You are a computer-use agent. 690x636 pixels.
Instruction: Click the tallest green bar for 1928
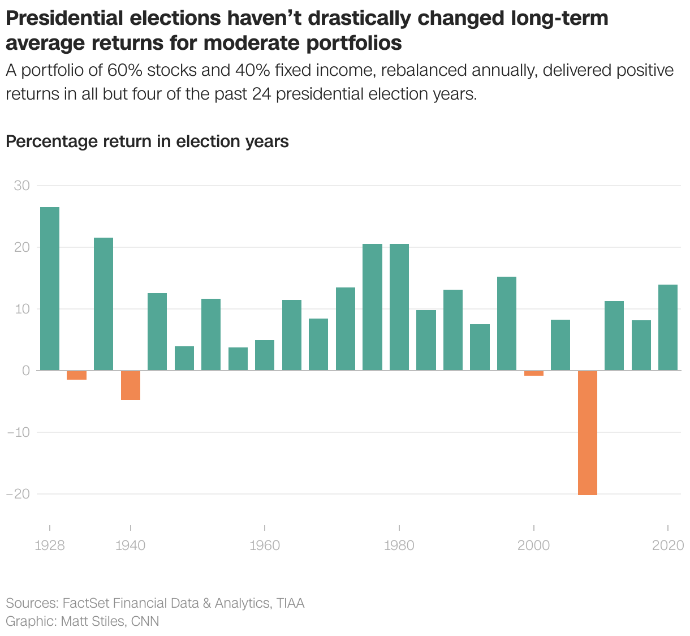point(50,289)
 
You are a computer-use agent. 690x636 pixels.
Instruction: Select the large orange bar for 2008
point(588,433)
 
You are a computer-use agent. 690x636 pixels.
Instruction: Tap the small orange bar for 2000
point(534,373)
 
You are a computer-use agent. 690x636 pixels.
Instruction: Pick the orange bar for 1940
point(131,385)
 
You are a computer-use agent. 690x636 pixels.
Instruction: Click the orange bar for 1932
point(77,375)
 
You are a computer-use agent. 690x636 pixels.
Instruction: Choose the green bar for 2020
point(668,328)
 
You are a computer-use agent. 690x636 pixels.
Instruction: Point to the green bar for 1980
point(399,307)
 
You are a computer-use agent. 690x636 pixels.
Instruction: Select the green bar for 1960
point(265,355)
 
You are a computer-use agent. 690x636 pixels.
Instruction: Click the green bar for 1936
point(103,304)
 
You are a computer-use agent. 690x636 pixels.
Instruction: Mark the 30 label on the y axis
point(22,186)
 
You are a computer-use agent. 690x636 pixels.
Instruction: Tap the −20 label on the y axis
point(18,494)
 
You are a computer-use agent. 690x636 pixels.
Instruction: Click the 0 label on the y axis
point(26,371)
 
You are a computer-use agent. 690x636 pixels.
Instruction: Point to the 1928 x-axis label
point(50,545)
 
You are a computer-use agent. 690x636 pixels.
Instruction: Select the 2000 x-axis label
point(533,545)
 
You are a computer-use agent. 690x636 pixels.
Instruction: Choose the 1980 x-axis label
point(399,545)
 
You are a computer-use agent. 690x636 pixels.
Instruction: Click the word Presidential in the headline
point(64,19)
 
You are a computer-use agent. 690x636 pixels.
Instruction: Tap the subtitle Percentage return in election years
point(147,141)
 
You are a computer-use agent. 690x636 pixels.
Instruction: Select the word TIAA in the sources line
point(290,603)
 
